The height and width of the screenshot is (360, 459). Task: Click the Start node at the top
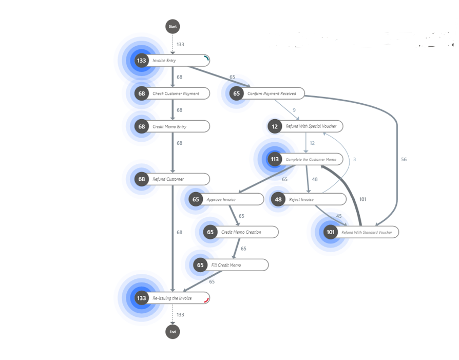pos(173,26)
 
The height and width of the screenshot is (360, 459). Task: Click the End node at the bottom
pos(173,332)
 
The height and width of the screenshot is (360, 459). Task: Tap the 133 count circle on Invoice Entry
pos(141,61)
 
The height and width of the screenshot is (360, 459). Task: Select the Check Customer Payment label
pos(176,93)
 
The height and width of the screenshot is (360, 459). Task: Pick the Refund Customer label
pos(168,179)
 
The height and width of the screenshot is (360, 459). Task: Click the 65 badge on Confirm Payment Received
pos(236,93)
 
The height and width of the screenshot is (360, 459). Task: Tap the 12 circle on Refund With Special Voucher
pos(275,126)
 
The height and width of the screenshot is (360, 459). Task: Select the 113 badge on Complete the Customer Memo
pos(275,159)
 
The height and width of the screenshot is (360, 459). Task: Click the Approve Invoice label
pos(221,199)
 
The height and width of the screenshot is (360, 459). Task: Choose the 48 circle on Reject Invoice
pos(278,199)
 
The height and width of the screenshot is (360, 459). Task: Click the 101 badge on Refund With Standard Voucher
pos(330,232)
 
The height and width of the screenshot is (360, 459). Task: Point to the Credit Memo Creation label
pos(241,232)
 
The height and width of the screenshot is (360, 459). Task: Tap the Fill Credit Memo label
pos(226,265)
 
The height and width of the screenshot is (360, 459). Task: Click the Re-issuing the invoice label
pos(172,298)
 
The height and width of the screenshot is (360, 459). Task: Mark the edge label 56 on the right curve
pos(404,160)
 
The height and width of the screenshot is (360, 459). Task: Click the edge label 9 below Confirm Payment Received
pos(294,110)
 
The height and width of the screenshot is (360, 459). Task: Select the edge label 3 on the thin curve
pos(354,160)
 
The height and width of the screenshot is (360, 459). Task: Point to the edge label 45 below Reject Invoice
pos(339,216)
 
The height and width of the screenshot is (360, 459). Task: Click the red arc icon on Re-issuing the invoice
pos(206,299)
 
